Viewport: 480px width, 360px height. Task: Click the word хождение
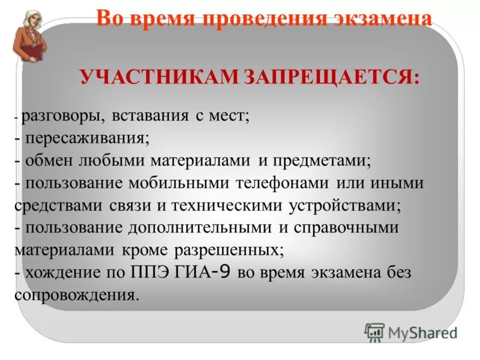pos(60,272)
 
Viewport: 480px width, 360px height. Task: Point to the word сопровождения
pos(77,294)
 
